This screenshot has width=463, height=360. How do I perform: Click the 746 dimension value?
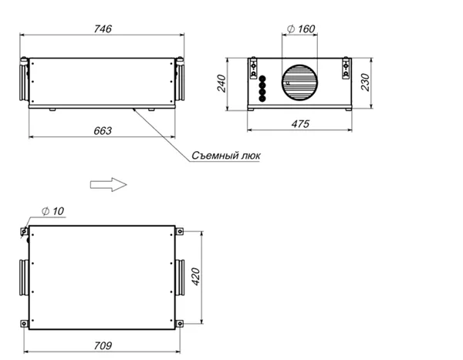coord(103,29)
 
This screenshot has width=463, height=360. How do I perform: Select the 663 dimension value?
coord(103,131)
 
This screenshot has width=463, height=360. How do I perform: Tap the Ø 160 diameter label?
coord(301,29)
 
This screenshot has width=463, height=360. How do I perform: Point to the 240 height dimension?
coord(221,83)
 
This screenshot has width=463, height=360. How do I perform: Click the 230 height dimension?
coord(365,82)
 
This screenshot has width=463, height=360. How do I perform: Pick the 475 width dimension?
coord(300,123)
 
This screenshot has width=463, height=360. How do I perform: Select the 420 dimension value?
coord(196,277)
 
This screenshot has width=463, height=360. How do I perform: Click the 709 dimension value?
coord(103,345)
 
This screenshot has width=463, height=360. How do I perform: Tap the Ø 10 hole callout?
coord(52,211)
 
